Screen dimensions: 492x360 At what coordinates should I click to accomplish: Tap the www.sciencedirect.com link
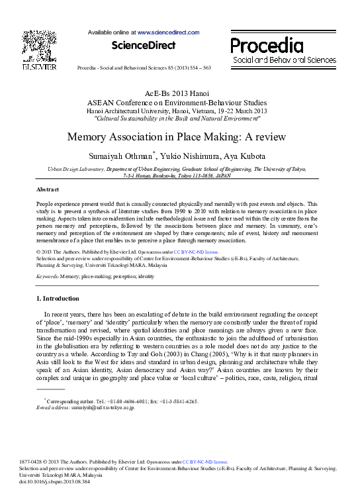[168, 32]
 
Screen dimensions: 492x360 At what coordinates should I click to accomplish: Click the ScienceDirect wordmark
[144, 46]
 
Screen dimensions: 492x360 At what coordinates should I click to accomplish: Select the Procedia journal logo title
[267, 45]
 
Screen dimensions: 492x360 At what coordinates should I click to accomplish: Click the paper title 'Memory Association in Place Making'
[176, 138]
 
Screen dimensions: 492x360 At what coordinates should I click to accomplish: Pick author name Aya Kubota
[244, 156]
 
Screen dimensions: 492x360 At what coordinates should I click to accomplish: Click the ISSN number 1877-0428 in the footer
[50, 462]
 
